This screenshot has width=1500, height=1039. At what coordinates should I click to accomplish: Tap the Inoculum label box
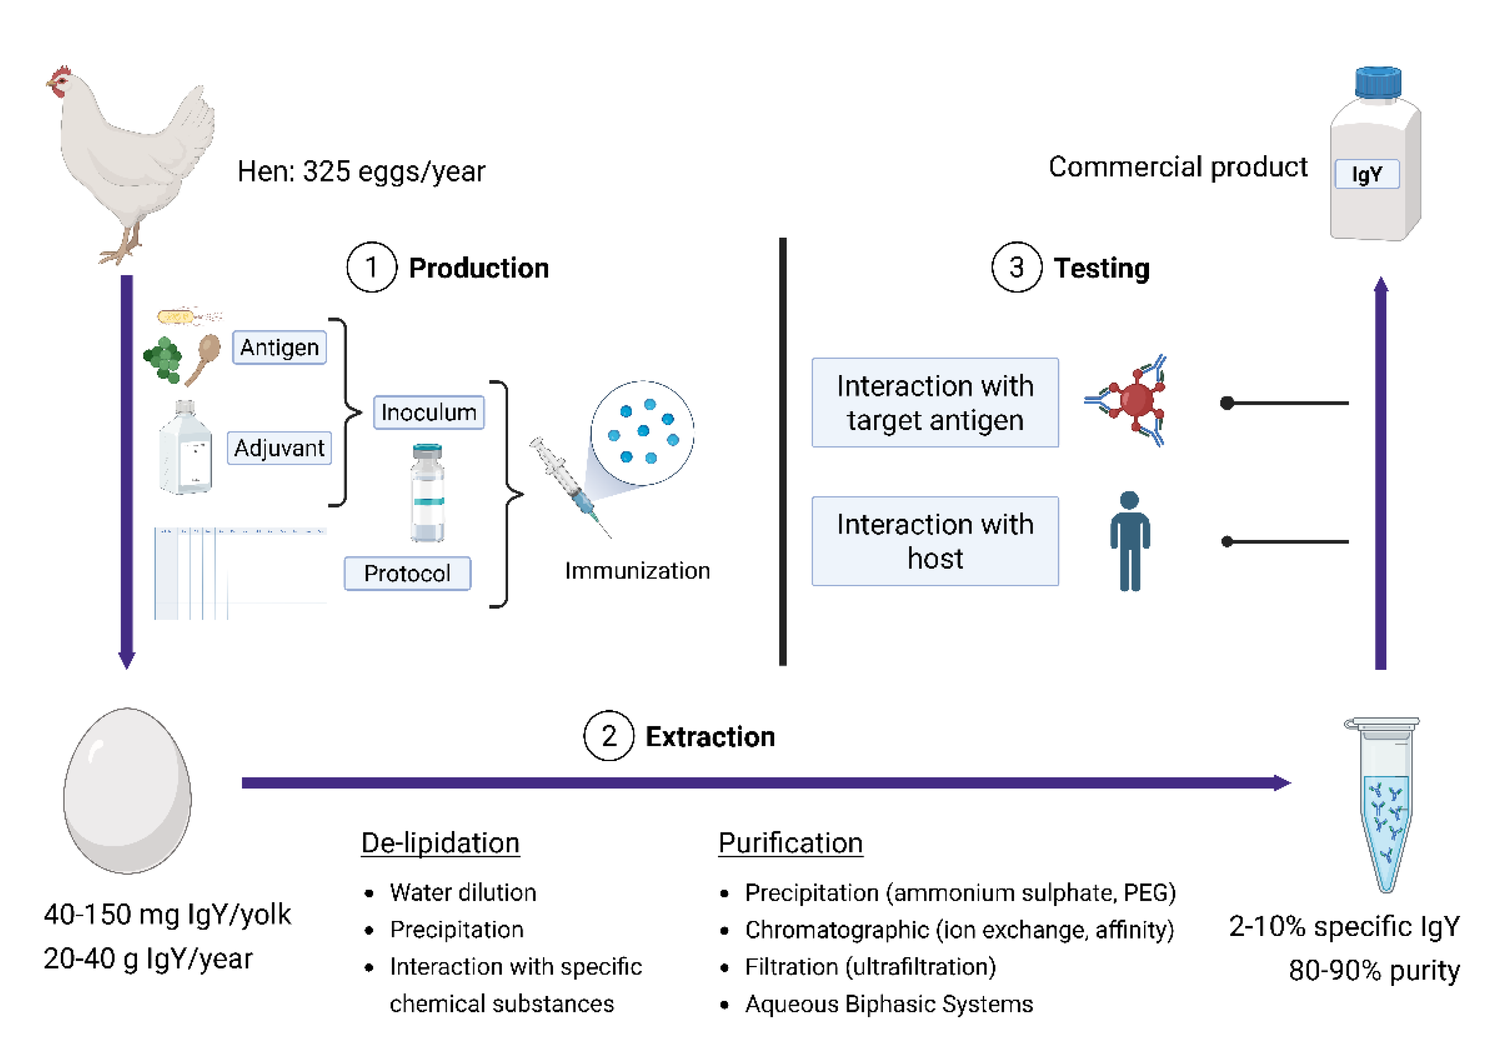tap(428, 412)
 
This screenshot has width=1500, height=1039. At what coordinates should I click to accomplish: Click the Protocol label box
tap(407, 573)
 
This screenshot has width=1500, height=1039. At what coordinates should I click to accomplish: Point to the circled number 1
tap(371, 267)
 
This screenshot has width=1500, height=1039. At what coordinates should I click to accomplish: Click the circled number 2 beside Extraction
tap(608, 735)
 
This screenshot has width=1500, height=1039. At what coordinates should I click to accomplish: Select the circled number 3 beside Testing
tap(1016, 267)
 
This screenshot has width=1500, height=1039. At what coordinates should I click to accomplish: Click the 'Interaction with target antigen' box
tap(935, 403)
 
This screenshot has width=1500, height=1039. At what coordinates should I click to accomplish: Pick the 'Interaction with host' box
tap(935, 541)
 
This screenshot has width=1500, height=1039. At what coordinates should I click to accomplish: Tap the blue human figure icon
tap(1129, 541)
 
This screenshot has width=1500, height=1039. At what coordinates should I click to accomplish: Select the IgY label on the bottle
tap(1367, 174)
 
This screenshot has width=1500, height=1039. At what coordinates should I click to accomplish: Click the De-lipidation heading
tap(440, 843)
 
